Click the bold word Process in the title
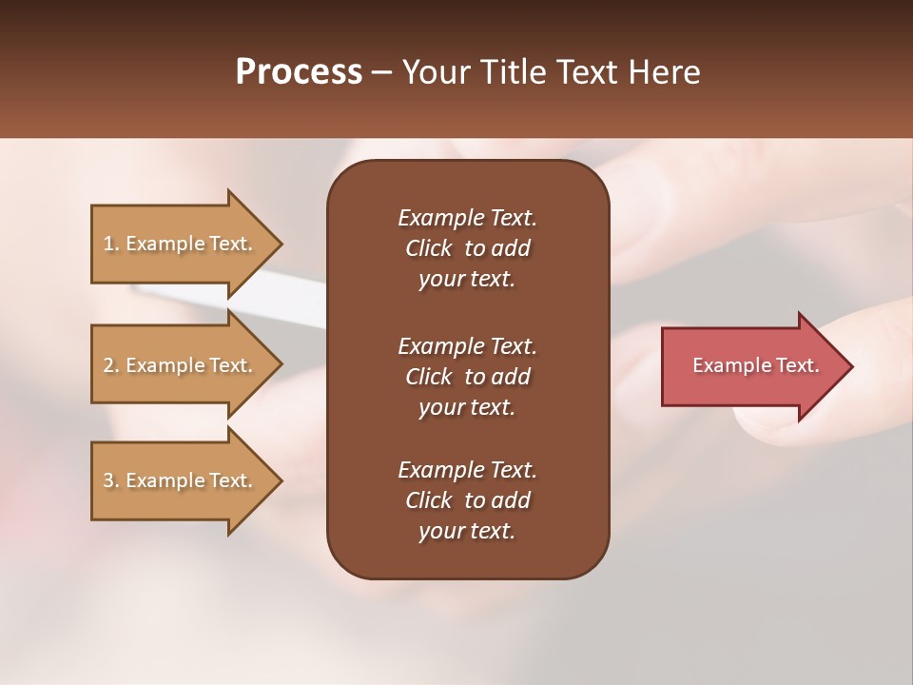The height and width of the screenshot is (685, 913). click(299, 72)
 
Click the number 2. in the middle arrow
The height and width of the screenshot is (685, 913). click(111, 365)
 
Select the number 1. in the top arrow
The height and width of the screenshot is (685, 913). click(111, 244)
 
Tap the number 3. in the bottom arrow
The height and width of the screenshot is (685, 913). click(111, 480)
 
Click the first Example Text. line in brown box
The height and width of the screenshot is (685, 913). click(467, 218)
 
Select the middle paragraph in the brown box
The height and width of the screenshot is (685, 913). click(467, 377)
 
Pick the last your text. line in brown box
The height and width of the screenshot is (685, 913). click(467, 532)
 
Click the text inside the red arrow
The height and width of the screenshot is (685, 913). click(755, 365)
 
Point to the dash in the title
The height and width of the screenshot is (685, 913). click(382, 73)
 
